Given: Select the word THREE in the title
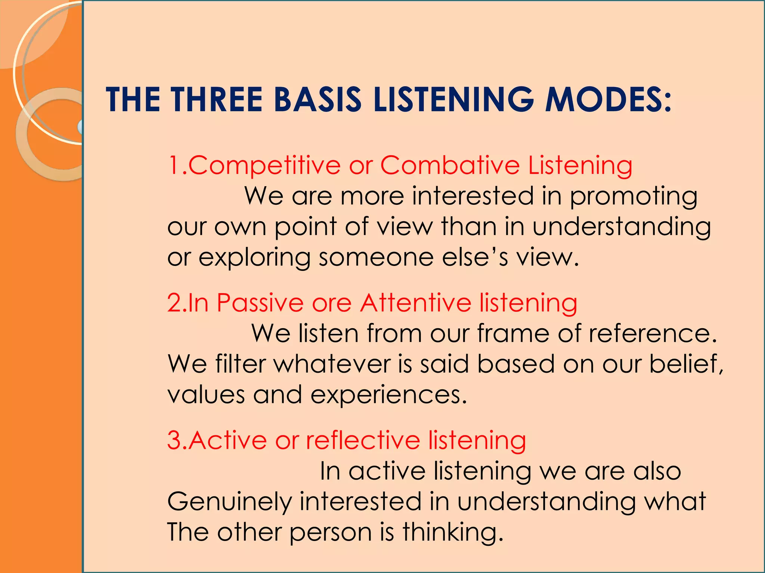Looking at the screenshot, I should (217, 100).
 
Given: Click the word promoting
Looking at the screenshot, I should (634, 197).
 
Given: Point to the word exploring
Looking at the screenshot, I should (254, 258).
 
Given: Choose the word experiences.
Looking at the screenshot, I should (388, 395).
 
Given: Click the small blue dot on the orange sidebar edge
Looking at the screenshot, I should (80, 127).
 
